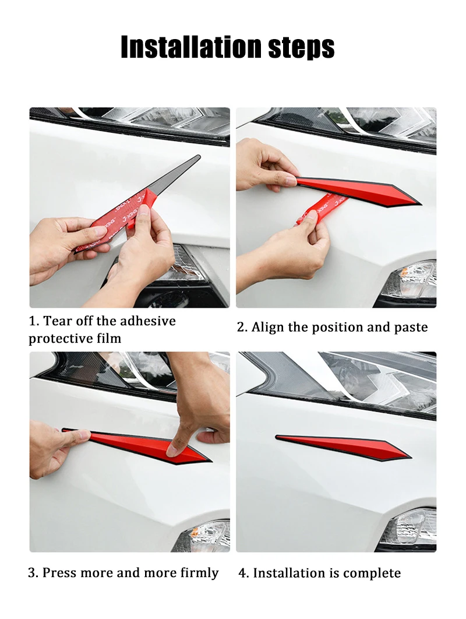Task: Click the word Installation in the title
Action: pyautogui.click(x=192, y=47)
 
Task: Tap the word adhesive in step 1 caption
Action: pyautogui.click(x=147, y=321)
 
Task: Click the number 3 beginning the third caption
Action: pyautogui.click(x=31, y=573)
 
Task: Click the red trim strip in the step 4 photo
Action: pyautogui.click(x=343, y=448)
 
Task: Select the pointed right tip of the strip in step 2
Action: pyautogui.click(x=419, y=203)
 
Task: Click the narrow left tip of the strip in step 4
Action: pyautogui.click(x=278, y=437)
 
